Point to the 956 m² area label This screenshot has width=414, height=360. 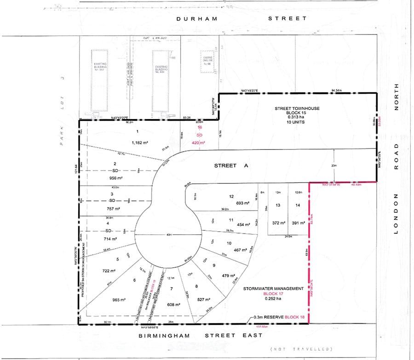(115, 178)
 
